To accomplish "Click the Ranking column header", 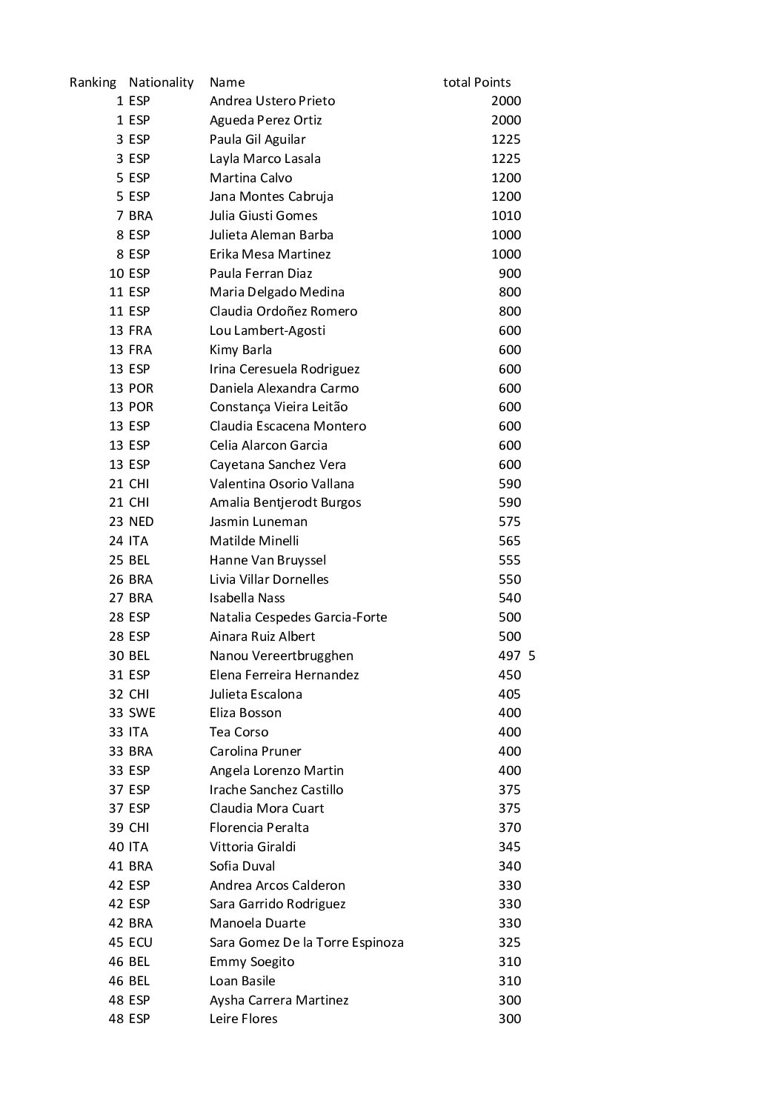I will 93,82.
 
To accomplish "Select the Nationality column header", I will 161,82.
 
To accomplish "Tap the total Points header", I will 476,82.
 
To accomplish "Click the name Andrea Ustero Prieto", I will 272,101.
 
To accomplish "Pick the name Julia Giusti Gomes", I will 263,216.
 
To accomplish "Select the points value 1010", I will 506,216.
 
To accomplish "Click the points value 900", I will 510,273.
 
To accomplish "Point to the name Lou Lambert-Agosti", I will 268,330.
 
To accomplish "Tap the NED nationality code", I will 141,522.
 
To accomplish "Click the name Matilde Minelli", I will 254,541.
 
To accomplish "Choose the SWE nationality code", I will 142,713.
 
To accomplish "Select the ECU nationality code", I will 140,942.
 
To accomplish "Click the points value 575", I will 510,522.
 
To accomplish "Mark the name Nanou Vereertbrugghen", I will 282,656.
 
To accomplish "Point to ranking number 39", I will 116,827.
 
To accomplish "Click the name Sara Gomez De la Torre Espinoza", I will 307,942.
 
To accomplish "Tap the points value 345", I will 510,847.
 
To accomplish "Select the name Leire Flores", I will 244,1019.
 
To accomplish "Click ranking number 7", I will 120,216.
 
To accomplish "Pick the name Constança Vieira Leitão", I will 279,407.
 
